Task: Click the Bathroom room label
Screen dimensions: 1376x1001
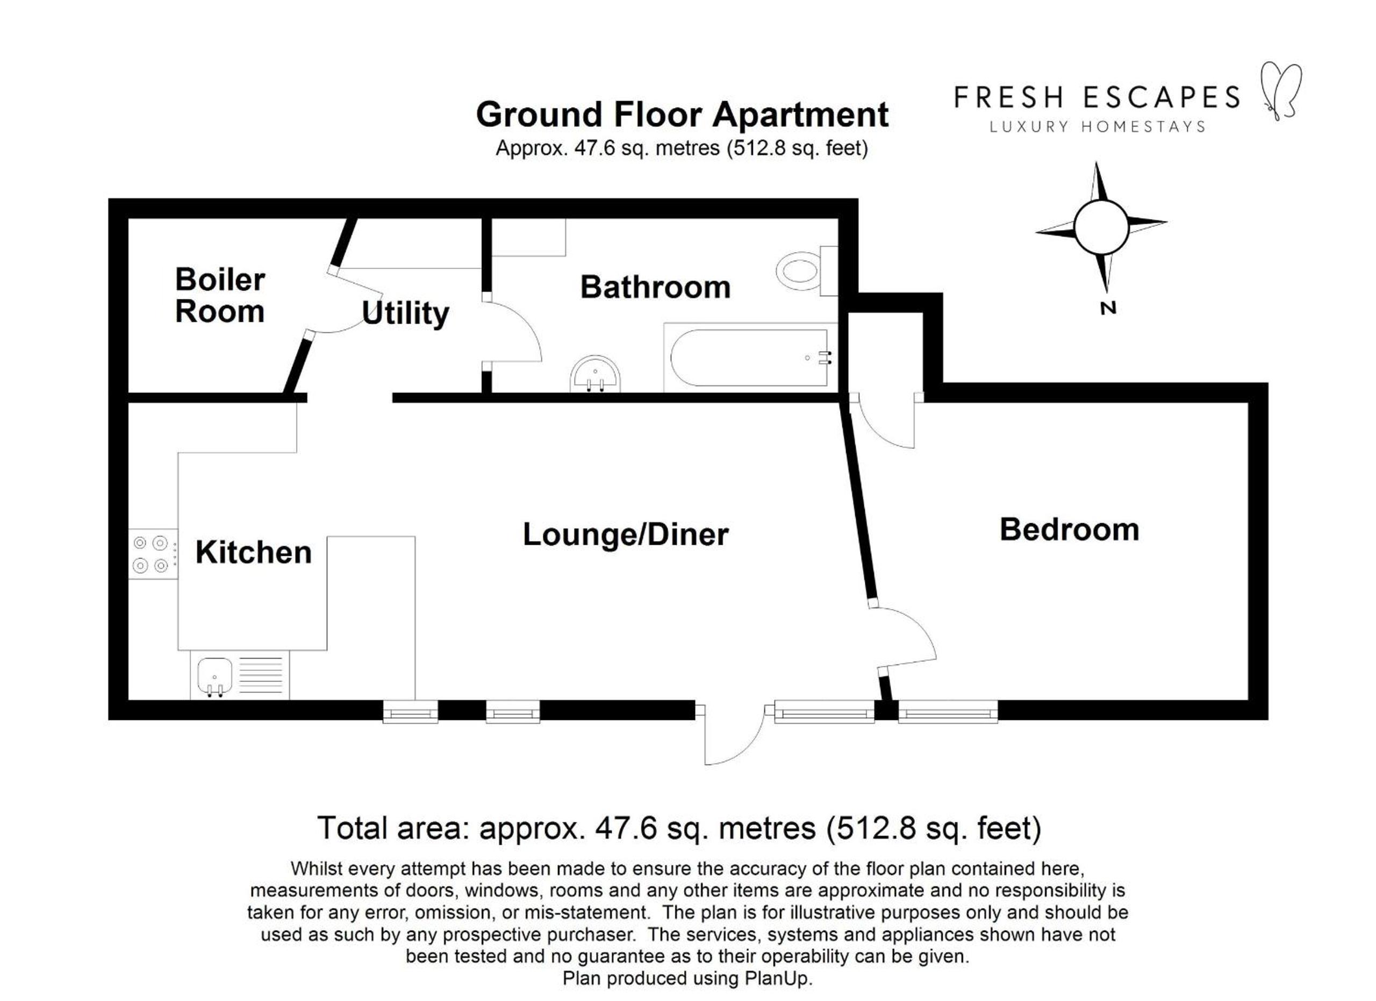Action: (655, 287)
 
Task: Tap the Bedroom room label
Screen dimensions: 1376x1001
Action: (1069, 529)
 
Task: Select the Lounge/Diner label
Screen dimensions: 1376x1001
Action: (626, 534)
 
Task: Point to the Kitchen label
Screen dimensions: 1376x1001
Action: (254, 552)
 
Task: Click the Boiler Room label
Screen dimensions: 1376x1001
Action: (220, 296)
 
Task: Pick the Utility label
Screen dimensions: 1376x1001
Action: (405, 313)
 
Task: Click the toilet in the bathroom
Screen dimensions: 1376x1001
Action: (807, 270)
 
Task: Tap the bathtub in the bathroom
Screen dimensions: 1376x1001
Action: (750, 358)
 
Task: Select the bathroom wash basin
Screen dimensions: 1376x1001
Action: (595, 374)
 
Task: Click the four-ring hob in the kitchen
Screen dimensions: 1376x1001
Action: (153, 554)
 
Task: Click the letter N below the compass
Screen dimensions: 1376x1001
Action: (1108, 308)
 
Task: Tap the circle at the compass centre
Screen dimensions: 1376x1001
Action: (1101, 227)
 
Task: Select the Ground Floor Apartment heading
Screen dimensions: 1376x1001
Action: (682, 114)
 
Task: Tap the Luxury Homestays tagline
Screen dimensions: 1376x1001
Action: (1098, 127)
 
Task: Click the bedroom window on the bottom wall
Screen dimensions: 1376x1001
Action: (948, 711)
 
